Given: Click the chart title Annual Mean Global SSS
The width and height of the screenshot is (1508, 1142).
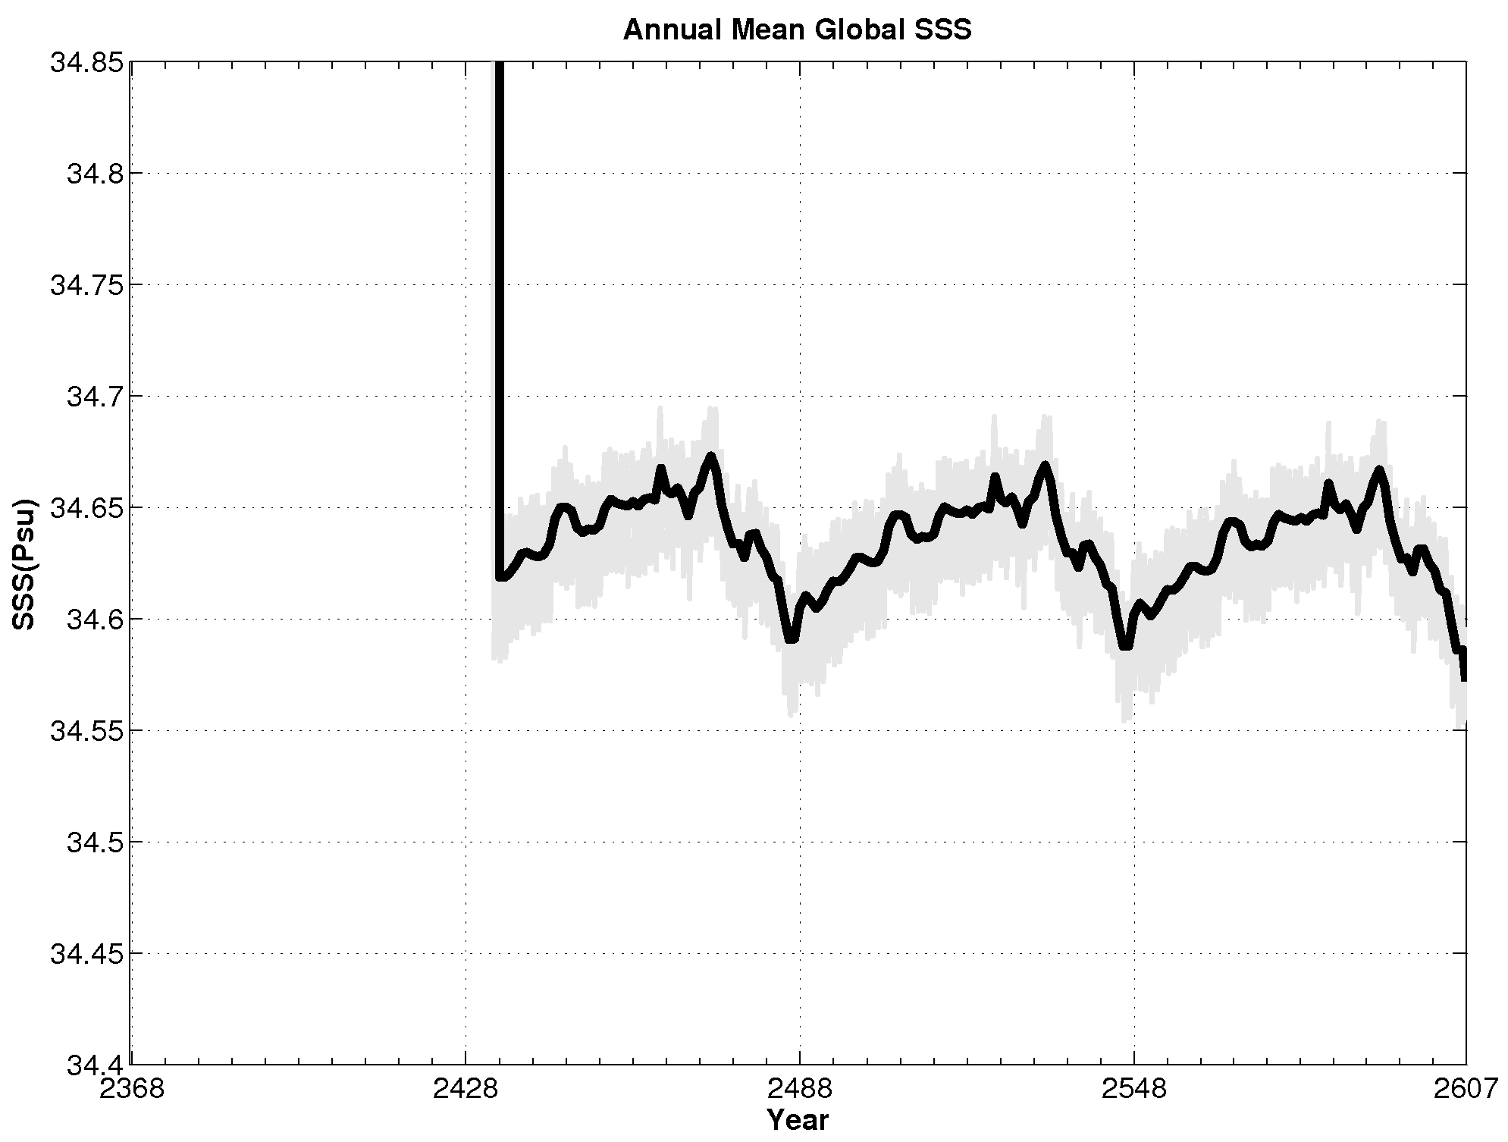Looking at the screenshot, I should click(797, 30).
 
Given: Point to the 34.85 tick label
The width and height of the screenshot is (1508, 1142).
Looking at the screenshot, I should click(86, 62).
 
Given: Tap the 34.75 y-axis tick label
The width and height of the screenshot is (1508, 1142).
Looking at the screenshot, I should click(86, 285).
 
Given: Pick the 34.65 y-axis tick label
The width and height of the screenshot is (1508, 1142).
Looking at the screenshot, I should click(86, 508).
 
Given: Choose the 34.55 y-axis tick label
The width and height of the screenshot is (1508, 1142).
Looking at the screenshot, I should click(86, 731).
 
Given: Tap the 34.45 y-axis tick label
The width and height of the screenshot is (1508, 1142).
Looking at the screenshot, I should click(86, 954).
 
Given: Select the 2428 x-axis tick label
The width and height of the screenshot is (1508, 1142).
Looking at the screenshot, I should click(465, 1090).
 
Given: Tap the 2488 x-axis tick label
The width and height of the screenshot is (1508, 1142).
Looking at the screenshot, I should click(799, 1090).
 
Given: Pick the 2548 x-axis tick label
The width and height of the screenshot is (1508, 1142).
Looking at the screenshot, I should click(1133, 1090).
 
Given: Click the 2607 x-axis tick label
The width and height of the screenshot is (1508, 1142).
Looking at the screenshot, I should click(1465, 1090).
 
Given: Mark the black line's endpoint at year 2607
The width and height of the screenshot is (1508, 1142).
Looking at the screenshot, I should click(1464, 678).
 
